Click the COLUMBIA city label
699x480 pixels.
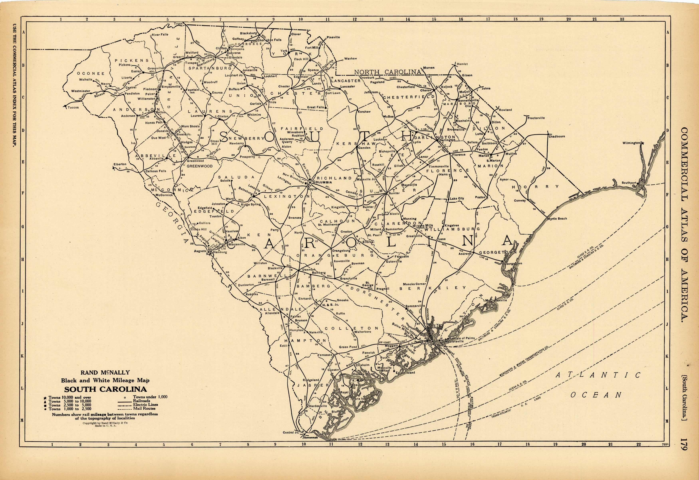click(x=322, y=182)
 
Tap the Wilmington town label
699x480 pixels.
click(x=631, y=143)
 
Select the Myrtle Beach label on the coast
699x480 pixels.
click(x=557, y=219)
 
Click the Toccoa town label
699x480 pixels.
click(x=73, y=107)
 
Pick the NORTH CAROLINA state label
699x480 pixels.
click(x=387, y=72)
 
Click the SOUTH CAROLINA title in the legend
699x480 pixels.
click(x=105, y=389)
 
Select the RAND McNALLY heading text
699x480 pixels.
click(x=105, y=373)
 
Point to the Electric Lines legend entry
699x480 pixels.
click(x=146, y=405)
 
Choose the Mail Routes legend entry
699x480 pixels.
click(x=144, y=408)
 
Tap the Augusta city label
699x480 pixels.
click(x=200, y=251)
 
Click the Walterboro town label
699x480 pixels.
click(x=363, y=332)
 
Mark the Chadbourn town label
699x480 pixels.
click(x=557, y=136)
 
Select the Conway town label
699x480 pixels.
click(x=520, y=201)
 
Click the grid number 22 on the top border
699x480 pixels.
click(x=622, y=19)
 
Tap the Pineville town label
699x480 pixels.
click(x=333, y=37)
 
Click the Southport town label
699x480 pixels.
click(x=629, y=183)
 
